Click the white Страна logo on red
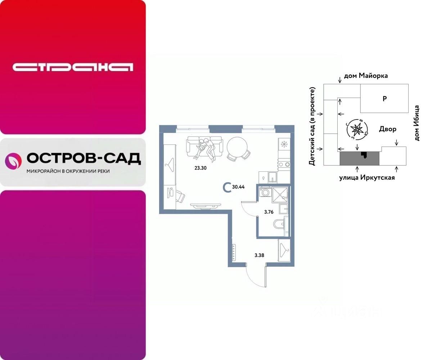tap(73, 67)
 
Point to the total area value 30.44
tap(238, 187)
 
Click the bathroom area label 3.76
tap(269, 212)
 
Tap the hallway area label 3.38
tap(259, 256)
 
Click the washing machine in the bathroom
tap(266, 193)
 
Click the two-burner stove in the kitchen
tap(284, 165)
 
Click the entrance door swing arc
tap(254, 277)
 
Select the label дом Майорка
tap(366, 76)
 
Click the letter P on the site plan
tap(384, 99)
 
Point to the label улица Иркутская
tap(367, 177)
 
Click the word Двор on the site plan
tap(388, 129)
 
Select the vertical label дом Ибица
tap(417, 123)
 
